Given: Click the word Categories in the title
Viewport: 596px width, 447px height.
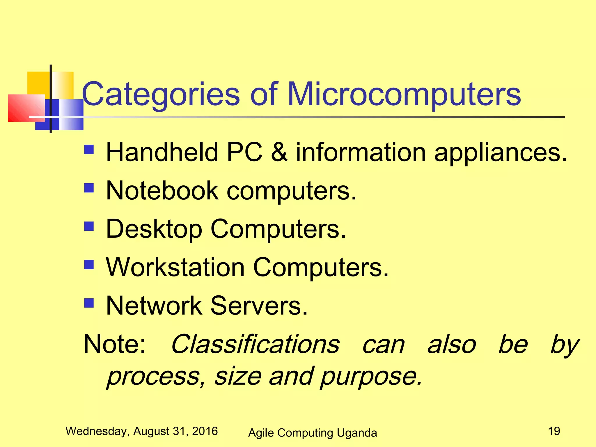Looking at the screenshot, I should pos(161,94).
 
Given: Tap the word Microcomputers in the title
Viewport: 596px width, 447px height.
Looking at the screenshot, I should pos(404,94).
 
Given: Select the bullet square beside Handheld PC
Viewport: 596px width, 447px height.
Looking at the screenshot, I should pos(89,150).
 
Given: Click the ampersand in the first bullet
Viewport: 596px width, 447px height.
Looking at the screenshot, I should pos(279,152).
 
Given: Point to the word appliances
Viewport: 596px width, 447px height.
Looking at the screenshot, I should pos(501,153).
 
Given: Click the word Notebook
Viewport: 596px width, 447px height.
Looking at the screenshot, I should pos(162,191).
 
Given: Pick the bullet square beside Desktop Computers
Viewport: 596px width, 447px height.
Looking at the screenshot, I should pos(89,226).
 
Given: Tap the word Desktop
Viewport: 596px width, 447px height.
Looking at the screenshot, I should pos(154,229).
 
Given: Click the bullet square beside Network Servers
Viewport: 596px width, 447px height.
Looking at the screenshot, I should pos(89,303).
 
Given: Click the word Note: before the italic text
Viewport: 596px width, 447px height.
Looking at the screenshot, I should pos(115,344).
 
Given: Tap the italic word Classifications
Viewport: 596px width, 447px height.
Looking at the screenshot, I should pos(255,344).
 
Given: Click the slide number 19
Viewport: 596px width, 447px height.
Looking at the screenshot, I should pos(554,431).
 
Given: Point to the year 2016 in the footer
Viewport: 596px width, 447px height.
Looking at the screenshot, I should pos(205,431).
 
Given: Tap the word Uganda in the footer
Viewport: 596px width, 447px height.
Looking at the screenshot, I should pos(357,433).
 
